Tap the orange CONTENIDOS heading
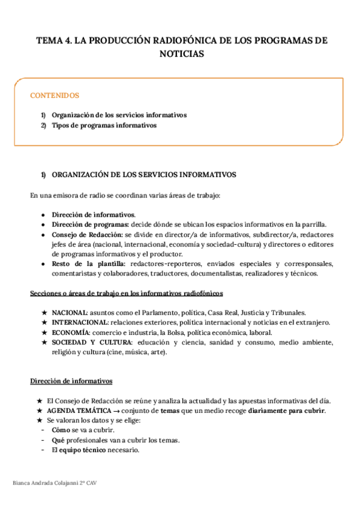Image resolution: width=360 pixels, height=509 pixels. coord(55,95)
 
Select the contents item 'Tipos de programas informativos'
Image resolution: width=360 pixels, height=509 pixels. coord(104,125)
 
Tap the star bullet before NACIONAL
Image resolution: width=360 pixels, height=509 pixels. coord(43,313)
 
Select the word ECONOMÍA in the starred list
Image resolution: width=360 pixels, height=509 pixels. coord(70,333)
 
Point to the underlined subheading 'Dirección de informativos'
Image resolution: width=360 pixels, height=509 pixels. coord(71,381)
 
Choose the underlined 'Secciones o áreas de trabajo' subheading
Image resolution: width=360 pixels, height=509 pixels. coord(127,293)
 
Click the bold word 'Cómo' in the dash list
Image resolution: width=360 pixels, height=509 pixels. coord(61,430)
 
